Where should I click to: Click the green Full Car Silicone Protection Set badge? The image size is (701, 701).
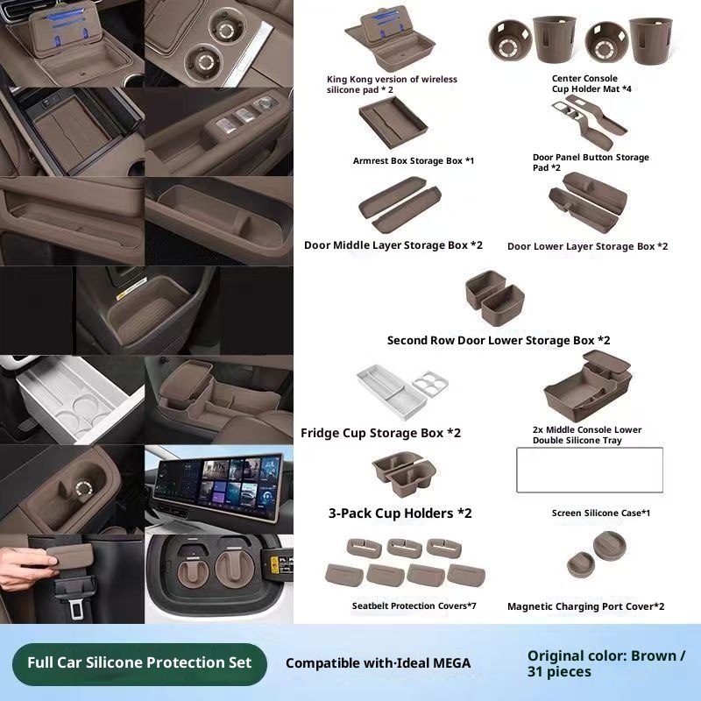[139, 663]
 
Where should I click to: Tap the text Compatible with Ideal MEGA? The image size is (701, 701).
[378, 663]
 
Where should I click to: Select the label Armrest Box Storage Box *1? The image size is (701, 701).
[413, 161]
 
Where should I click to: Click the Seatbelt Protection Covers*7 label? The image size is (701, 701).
[414, 605]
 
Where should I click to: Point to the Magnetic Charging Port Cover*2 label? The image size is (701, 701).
[585, 606]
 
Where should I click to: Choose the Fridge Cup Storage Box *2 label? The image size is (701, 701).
[380, 433]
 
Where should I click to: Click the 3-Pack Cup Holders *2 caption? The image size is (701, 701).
[400, 513]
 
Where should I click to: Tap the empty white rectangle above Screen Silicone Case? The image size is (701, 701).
[590, 470]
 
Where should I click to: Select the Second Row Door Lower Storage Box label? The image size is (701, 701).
[499, 341]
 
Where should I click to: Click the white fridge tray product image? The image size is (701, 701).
[402, 392]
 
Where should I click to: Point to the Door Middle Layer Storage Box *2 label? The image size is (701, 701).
[393, 245]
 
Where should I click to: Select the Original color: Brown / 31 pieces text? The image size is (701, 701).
[606, 664]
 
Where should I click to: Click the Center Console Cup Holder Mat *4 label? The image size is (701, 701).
[591, 83]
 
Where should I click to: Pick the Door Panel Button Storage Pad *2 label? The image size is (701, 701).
[591, 162]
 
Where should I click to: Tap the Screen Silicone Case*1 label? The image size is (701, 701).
[601, 513]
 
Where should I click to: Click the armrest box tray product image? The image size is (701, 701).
[393, 122]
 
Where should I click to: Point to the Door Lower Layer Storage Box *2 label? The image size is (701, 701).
[587, 246]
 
